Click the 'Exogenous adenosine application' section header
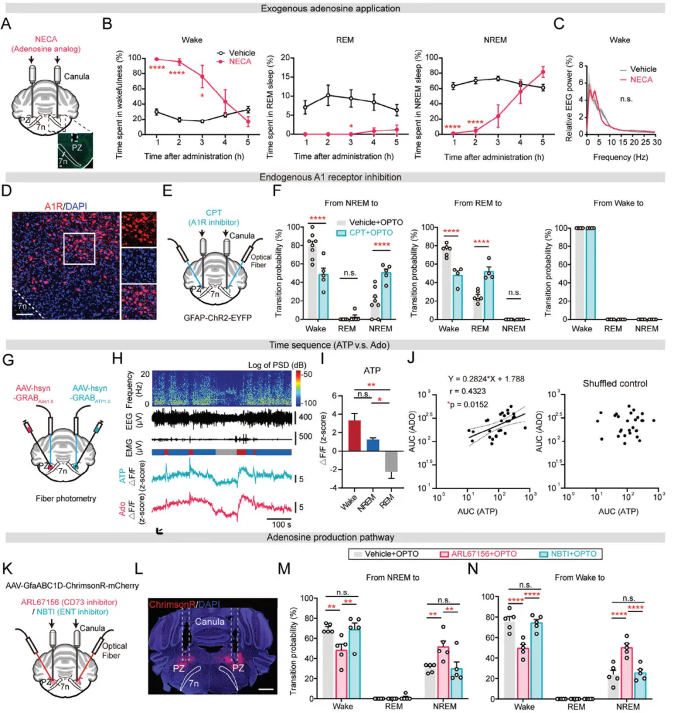340,8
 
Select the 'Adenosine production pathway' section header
340,537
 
